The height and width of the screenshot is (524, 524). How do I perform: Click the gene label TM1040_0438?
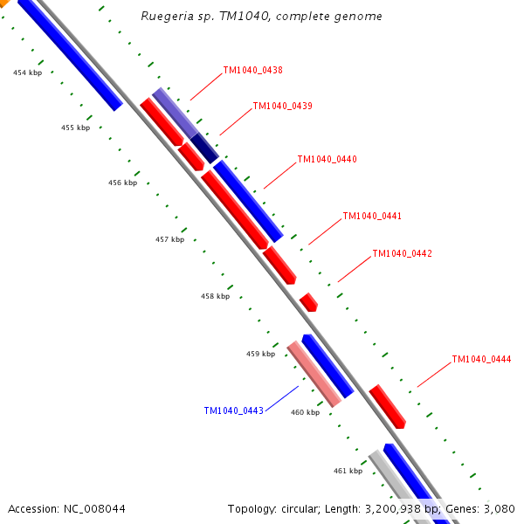[x=252, y=70]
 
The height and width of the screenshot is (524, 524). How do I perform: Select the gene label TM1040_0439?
[x=282, y=107]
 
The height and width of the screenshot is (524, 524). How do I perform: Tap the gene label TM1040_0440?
[x=327, y=160]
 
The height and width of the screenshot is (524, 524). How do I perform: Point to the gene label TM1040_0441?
[x=372, y=216]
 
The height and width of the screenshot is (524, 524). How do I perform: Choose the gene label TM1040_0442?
[x=402, y=254]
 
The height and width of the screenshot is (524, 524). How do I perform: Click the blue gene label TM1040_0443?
[x=233, y=410]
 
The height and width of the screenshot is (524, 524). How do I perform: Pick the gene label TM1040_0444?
[x=481, y=360]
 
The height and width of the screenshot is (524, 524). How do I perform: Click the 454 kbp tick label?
[x=27, y=73]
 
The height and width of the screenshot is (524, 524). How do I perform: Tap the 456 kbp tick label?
[x=122, y=183]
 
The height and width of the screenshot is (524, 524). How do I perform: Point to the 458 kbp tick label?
[x=215, y=297]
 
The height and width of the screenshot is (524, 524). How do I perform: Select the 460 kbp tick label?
[x=305, y=413]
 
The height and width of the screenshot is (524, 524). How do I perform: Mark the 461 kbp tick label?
[x=348, y=472]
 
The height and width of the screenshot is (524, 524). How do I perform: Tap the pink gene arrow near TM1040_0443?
[x=314, y=374]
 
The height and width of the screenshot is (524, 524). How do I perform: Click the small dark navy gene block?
[x=204, y=148]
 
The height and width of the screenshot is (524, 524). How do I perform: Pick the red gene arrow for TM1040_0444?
[x=387, y=406]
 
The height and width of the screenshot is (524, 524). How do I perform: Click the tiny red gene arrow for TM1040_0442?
[x=308, y=302]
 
